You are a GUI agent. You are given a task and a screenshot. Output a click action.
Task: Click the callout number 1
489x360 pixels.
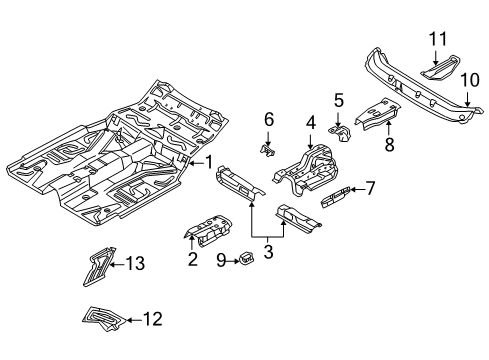(209, 162)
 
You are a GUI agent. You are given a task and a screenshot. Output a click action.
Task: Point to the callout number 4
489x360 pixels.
(311, 125)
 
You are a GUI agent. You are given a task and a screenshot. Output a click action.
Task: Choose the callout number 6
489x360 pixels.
(268, 119)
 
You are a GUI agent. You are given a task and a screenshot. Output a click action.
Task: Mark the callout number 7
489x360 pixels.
(369, 186)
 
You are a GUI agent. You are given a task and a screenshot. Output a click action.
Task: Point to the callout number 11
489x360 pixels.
(436, 39)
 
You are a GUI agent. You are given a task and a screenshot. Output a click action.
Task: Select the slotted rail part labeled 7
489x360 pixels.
(336, 194)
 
